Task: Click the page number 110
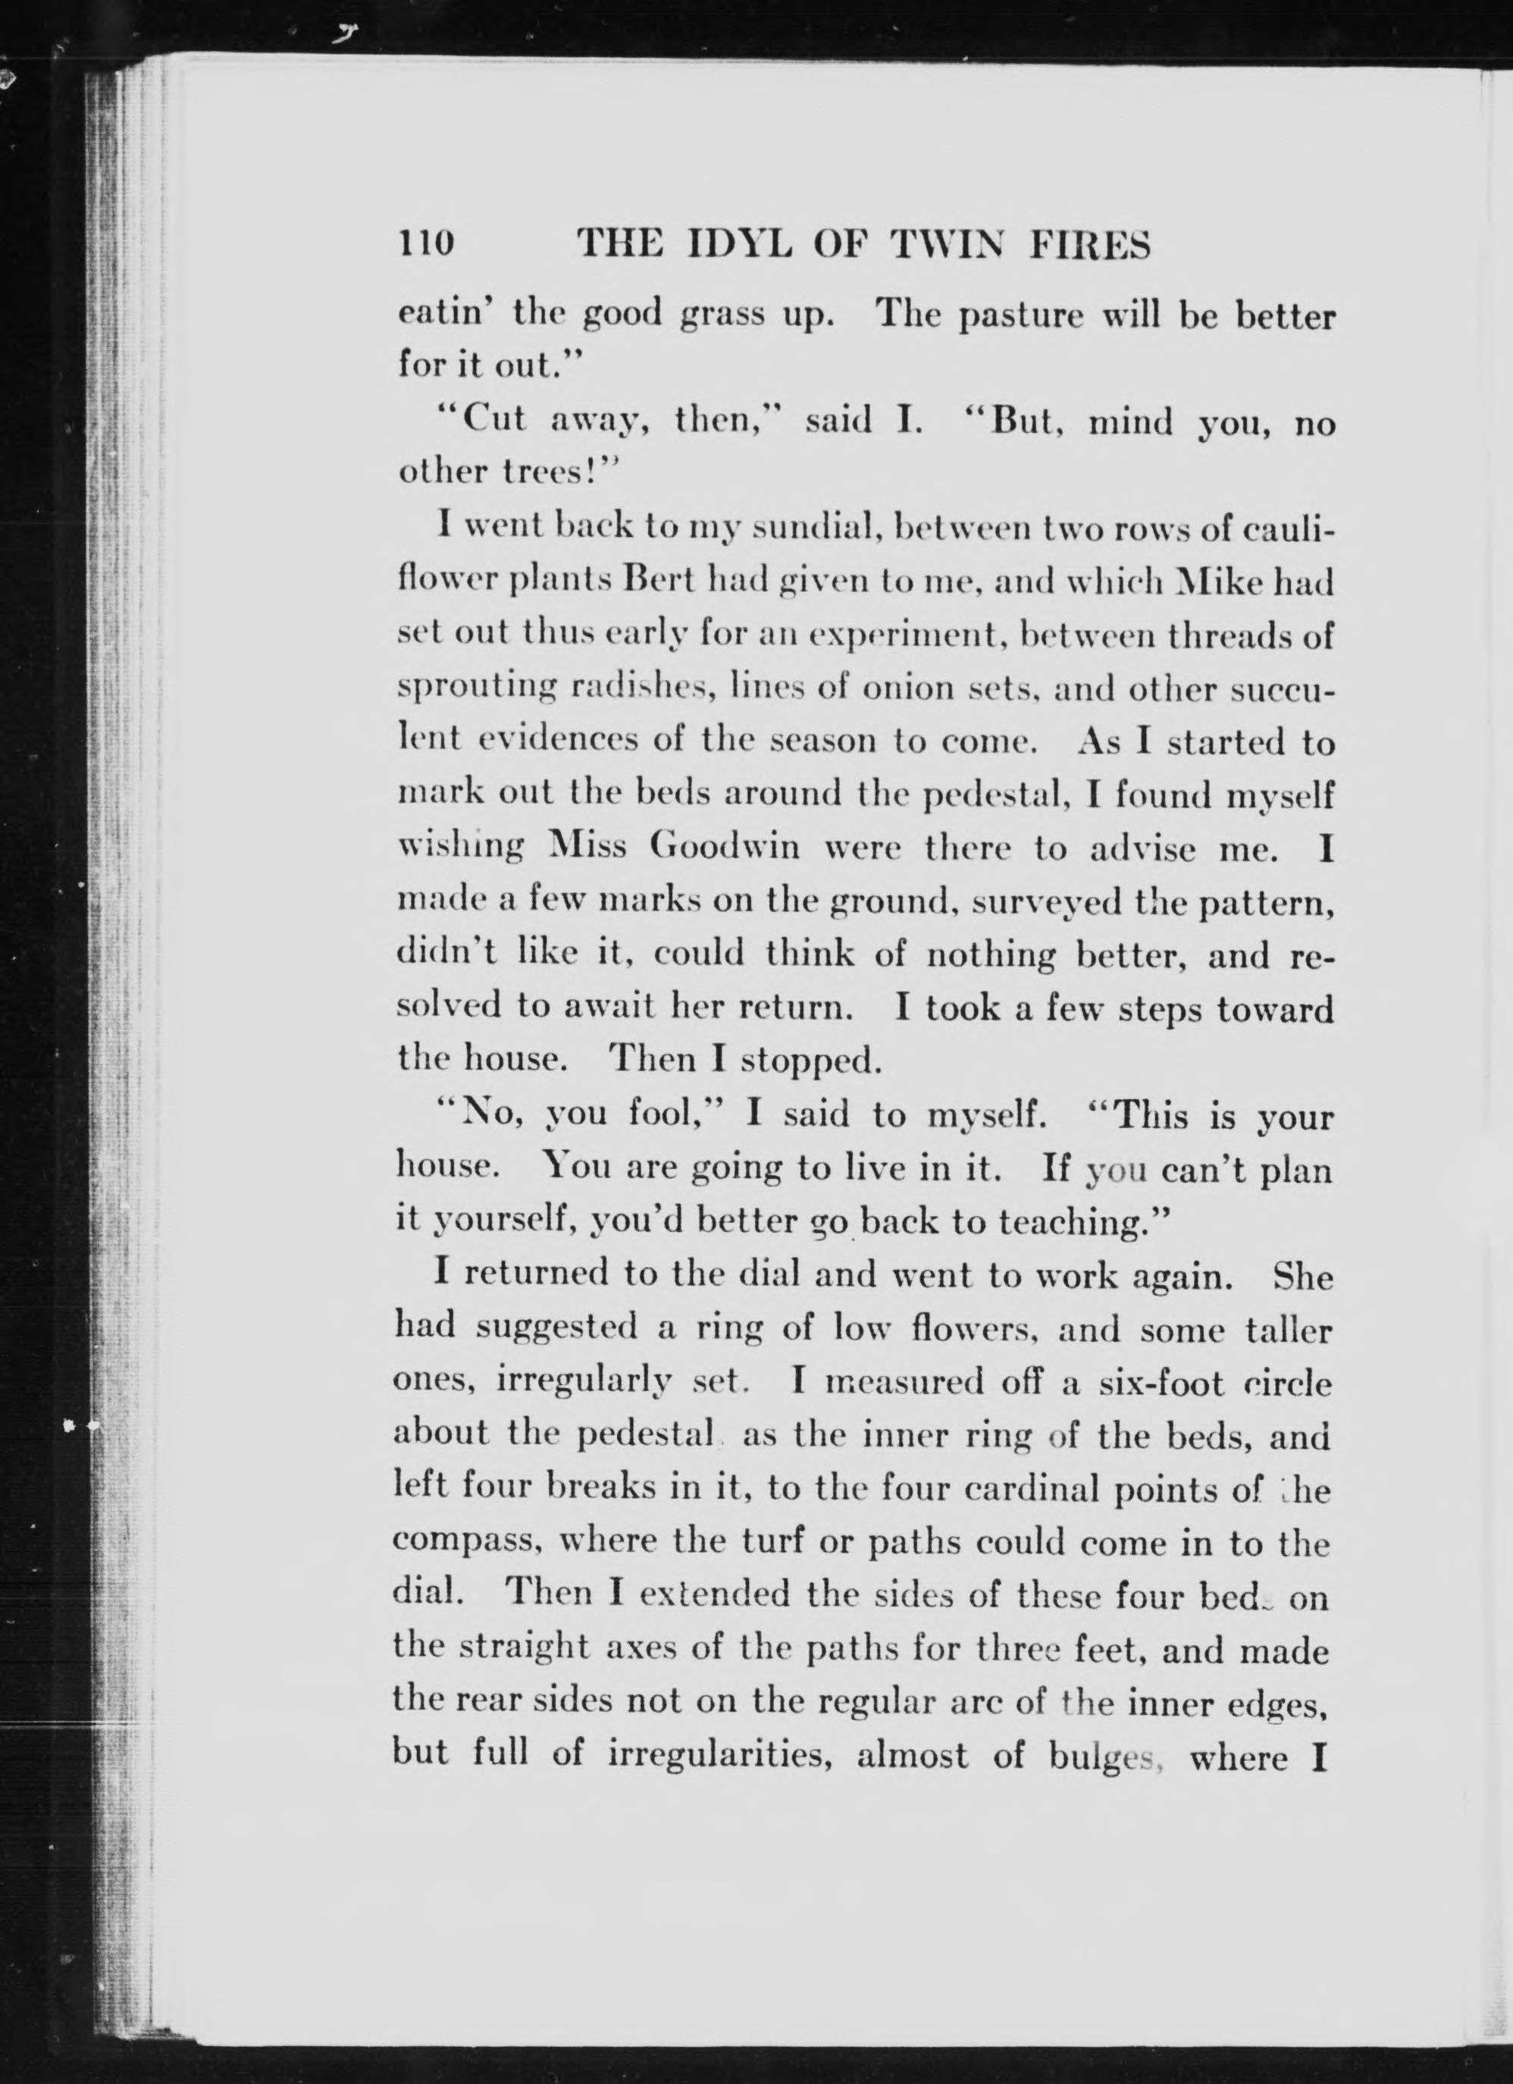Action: (425, 243)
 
